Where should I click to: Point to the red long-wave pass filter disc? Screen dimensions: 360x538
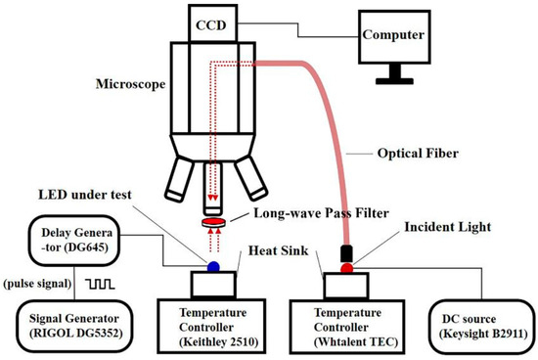pos(210,224)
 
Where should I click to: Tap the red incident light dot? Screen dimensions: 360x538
pos(346,265)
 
